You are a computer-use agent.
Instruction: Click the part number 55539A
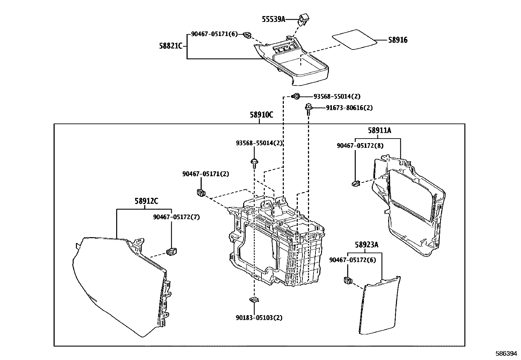(x=274, y=19)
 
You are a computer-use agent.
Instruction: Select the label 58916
(x=398, y=40)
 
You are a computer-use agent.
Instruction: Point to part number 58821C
(x=171, y=46)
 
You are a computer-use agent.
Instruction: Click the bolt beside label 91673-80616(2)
(x=308, y=108)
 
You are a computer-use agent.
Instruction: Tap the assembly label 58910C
(x=261, y=115)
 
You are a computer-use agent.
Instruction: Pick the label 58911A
(x=379, y=131)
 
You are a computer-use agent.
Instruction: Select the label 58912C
(x=146, y=201)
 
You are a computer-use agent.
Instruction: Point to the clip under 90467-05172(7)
(x=172, y=252)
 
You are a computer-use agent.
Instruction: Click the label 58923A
(x=367, y=245)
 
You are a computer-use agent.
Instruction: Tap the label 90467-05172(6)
(x=348, y=260)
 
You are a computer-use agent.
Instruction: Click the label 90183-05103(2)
(x=259, y=317)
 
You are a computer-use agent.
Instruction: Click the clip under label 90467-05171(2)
(x=200, y=192)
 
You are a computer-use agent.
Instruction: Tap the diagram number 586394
(x=506, y=354)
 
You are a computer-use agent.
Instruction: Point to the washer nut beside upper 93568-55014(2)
(x=296, y=96)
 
